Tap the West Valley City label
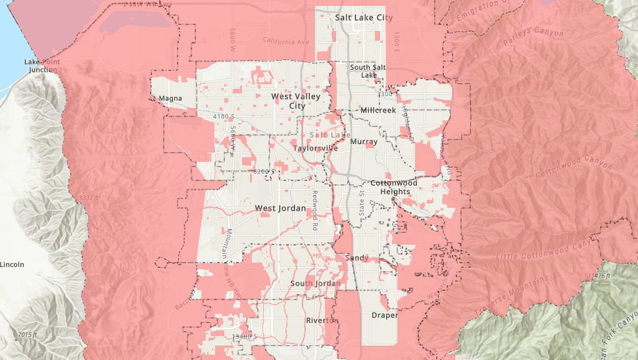(x=296, y=101)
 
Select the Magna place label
(x=170, y=99)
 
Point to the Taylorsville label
(x=315, y=148)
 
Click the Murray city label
(x=364, y=141)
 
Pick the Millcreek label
(x=378, y=110)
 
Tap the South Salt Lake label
(x=368, y=70)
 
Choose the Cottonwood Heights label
(x=394, y=187)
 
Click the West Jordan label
(x=280, y=208)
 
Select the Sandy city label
(x=356, y=257)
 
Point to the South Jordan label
(x=316, y=284)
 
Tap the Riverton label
(x=321, y=321)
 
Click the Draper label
(x=385, y=315)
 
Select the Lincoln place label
(x=12, y=265)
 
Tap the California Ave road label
(x=285, y=41)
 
